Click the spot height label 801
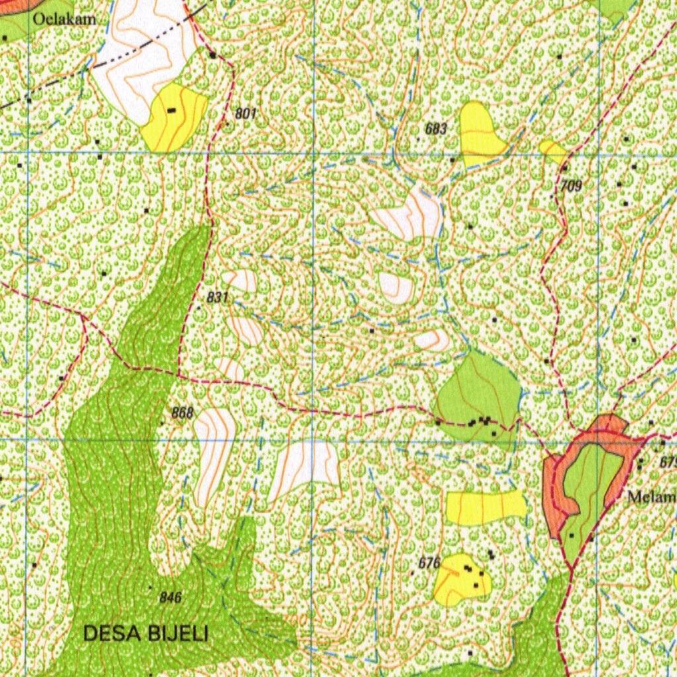245,114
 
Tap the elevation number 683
436,129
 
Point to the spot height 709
571,186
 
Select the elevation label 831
218,298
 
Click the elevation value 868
182,413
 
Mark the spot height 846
171,598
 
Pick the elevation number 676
429,563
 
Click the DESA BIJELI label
145,634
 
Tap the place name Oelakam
64,19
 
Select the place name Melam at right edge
652,497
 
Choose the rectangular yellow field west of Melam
486,507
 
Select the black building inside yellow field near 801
172,110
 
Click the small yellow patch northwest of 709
552,149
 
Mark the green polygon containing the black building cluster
477,393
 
